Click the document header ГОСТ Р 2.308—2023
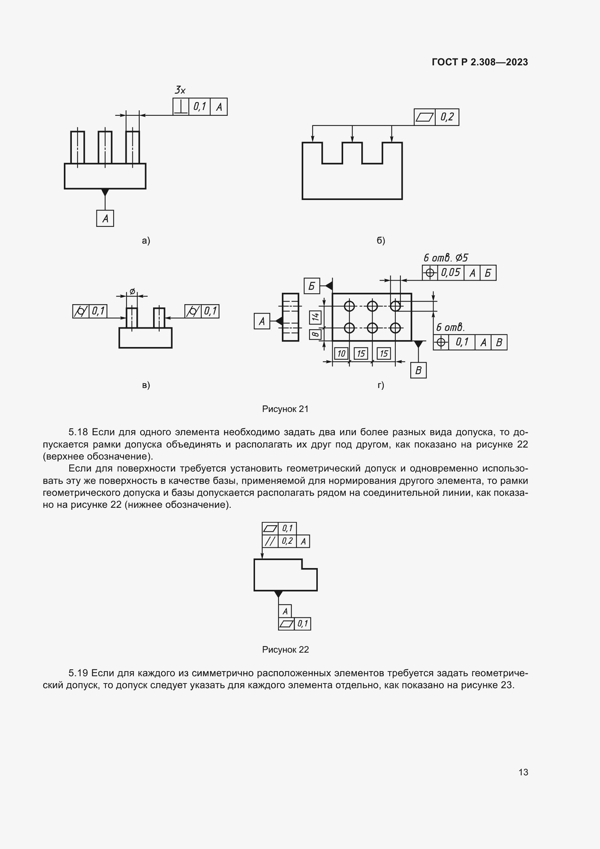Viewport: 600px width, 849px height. (480, 62)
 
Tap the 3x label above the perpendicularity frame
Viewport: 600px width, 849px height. (180, 90)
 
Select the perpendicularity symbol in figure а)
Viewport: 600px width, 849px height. (181, 107)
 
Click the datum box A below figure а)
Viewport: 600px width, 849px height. (105, 219)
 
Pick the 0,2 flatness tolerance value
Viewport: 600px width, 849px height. (447, 117)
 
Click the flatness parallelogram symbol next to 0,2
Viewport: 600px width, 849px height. (424, 117)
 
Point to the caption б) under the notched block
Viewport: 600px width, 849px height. (381, 241)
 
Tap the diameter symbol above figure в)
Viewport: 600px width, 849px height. (132, 291)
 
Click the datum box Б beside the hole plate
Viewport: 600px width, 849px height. (312, 286)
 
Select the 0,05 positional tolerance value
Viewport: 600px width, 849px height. (451, 273)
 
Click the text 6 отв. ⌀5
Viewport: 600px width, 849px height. (445, 258)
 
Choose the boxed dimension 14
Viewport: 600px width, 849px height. (315, 317)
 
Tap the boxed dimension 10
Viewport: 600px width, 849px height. (341, 354)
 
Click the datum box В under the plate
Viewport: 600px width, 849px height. (418, 371)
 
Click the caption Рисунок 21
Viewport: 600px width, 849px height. (285, 409)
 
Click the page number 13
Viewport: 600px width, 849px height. (523, 772)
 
